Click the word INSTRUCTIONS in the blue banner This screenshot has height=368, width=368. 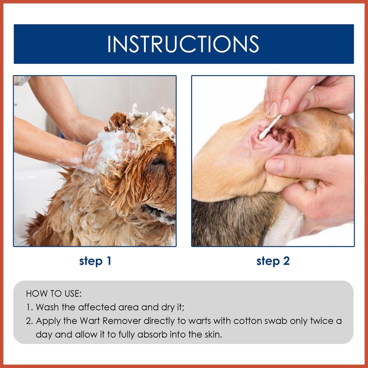[x=183, y=44]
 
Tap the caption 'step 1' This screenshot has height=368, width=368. [x=95, y=261]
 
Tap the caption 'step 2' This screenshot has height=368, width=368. [x=273, y=261]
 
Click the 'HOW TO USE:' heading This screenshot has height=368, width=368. [x=54, y=294]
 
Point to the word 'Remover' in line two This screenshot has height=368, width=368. [x=122, y=321]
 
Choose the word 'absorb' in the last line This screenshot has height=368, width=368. [x=152, y=335]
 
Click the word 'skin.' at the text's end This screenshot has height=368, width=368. [x=213, y=335]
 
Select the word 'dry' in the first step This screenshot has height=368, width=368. [x=167, y=307]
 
